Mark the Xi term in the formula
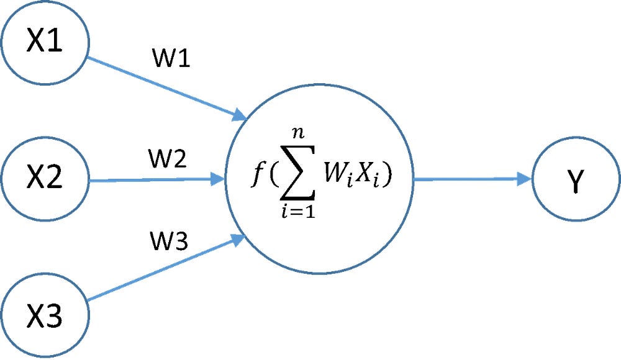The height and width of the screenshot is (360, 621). pos(373,180)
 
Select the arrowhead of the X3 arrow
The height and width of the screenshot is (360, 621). pos(239,239)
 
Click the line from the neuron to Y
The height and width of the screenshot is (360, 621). pos(466,180)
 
